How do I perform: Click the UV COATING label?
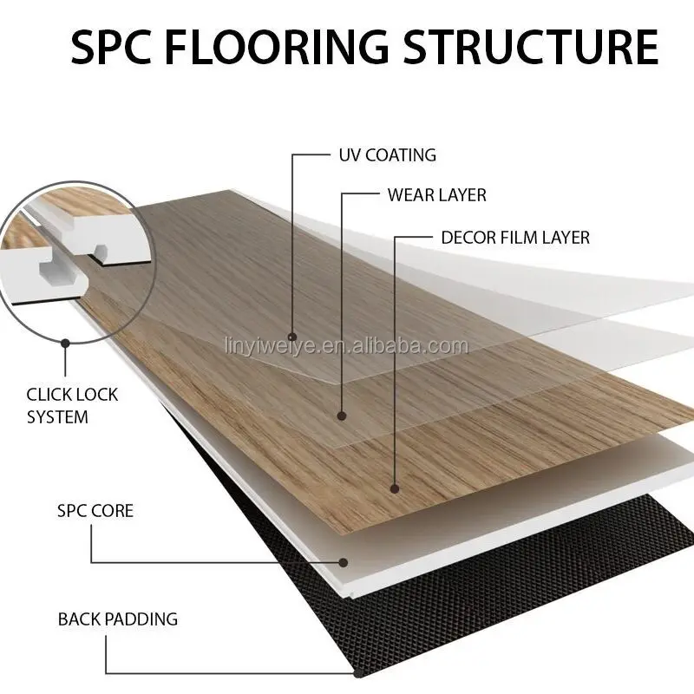[386, 156]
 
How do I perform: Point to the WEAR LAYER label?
[436, 195]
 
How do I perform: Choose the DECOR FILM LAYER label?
[514, 237]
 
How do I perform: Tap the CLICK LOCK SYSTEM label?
[72, 406]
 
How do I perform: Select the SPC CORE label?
[95, 510]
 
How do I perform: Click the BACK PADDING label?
[117, 619]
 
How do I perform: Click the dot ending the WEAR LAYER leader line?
[342, 415]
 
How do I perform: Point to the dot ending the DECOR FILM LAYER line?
[395, 488]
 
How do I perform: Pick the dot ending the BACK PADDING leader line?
[357, 673]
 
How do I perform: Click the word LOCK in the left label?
[95, 395]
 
